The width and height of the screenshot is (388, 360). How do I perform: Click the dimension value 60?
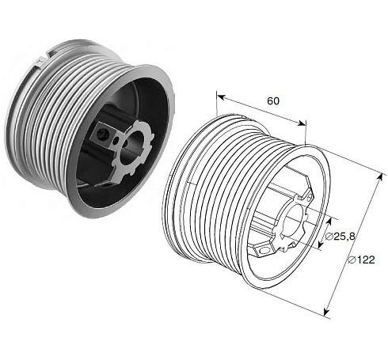point(273,100)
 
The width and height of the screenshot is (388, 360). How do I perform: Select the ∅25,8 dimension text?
point(340,237)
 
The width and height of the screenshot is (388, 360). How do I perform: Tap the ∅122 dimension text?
point(361,260)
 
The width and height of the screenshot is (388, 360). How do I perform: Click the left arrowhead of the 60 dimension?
point(220,97)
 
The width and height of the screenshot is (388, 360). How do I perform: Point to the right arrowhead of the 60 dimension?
point(302,123)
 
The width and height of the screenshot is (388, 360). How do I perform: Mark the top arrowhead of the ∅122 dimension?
point(381,178)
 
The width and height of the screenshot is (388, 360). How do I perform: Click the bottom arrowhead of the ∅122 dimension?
point(326,312)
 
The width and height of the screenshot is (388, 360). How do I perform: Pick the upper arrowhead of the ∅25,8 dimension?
point(329,222)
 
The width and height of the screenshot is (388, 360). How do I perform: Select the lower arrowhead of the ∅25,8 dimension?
point(320,244)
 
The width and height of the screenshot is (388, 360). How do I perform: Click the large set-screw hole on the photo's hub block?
point(101,134)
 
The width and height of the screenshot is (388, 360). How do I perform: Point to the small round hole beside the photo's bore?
point(116,141)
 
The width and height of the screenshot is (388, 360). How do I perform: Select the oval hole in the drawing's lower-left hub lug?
point(264,251)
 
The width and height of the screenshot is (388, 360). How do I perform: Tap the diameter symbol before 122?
point(351,260)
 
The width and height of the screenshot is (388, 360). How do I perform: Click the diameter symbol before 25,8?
point(329,237)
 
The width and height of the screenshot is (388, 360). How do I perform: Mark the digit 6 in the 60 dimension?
point(270,100)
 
